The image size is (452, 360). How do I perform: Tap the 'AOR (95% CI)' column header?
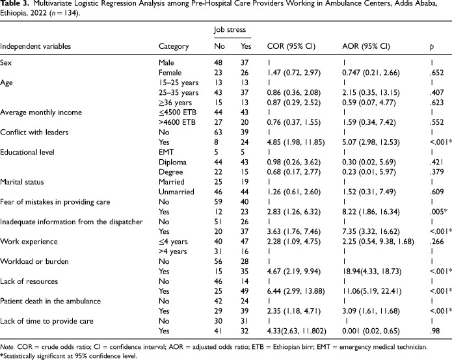point(366,47)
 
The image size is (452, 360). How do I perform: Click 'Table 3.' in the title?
point(16,5)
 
